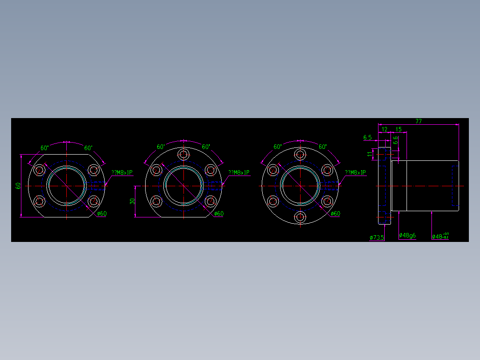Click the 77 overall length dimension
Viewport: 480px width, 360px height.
pyautogui.click(x=419, y=121)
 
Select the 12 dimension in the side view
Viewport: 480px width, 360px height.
pyautogui.click(x=385, y=129)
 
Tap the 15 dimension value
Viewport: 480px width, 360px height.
pyautogui.click(x=399, y=129)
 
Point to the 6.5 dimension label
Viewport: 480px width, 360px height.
pyautogui.click(x=367, y=137)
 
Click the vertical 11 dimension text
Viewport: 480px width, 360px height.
pyautogui.click(x=370, y=154)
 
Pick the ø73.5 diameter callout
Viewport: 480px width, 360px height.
pyautogui.click(x=377, y=237)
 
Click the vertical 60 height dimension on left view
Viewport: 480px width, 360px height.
pyautogui.click(x=18, y=185)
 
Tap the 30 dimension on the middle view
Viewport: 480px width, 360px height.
pyautogui.click(x=132, y=201)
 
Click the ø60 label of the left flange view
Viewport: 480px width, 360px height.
pyautogui.click(x=102, y=213)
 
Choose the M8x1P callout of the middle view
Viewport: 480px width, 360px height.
pyautogui.click(x=239, y=172)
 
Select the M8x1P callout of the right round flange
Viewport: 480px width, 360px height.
pyautogui.click(x=355, y=172)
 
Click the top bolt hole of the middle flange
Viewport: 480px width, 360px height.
pyautogui.click(x=183, y=154)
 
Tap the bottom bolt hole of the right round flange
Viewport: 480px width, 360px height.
pyautogui.click(x=301, y=217)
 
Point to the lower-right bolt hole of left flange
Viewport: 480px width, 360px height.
pyautogui.click(x=93, y=201)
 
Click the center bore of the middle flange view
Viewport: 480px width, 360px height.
pyautogui.click(x=183, y=185)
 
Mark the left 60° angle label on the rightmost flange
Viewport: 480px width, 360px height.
pyautogui.click(x=278, y=147)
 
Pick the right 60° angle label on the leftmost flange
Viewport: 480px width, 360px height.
pyautogui.click(x=88, y=148)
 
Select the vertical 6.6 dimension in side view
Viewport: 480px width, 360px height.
pyautogui.click(x=395, y=141)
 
